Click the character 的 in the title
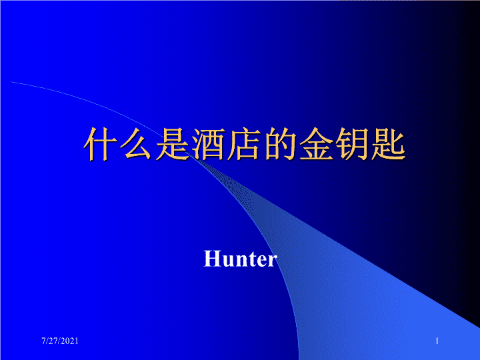click(x=280, y=144)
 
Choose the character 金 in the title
click(x=316, y=144)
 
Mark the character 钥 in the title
click(x=352, y=144)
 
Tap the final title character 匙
click(x=388, y=144)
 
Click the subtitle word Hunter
click(x=241, y=259)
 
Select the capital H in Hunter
click(x=212, y=259)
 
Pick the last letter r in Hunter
click(x=273, y=261)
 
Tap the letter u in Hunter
click(x=227, y=261)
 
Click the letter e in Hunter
click(x=261, y=261)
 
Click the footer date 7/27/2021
click(x=60, y=341)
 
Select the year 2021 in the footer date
click(x=71, y=341)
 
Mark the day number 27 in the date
click(x=53, y=341)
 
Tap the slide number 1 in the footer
click(x=437, y=341)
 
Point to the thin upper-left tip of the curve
click(x=11, y=82)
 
